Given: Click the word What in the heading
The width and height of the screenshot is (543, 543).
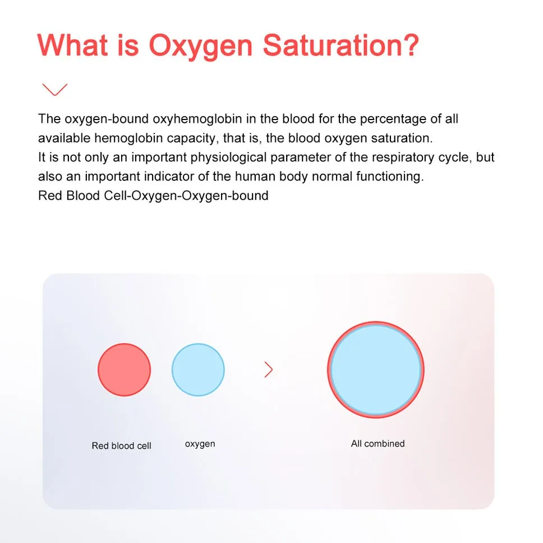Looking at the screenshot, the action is click(x=73, y=45).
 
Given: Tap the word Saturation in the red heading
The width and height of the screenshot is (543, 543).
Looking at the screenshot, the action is click(x=340, y=45).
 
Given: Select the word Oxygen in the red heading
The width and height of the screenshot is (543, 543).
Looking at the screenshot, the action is click(x=201, y=48).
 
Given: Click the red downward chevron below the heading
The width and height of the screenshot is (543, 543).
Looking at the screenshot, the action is click(x=55, y=89).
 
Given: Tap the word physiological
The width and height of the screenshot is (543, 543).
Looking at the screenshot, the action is click(x=228, y=158).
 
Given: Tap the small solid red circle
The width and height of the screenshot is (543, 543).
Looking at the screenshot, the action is click(x=124, y=370).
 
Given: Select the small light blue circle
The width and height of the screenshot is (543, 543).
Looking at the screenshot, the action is click(x=198, y=370).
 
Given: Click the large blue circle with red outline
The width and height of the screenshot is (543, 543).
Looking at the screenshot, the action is click(x=376, y=370).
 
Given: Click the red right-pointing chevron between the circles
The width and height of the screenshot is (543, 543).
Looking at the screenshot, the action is click(x=268, y=370).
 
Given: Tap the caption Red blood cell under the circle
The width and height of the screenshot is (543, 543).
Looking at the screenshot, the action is click(x=121, y=446).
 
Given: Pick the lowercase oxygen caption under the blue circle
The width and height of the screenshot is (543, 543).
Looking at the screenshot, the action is click(x=200, y=444).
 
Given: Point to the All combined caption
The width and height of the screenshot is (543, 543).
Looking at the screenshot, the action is click(x=378, y=444).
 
